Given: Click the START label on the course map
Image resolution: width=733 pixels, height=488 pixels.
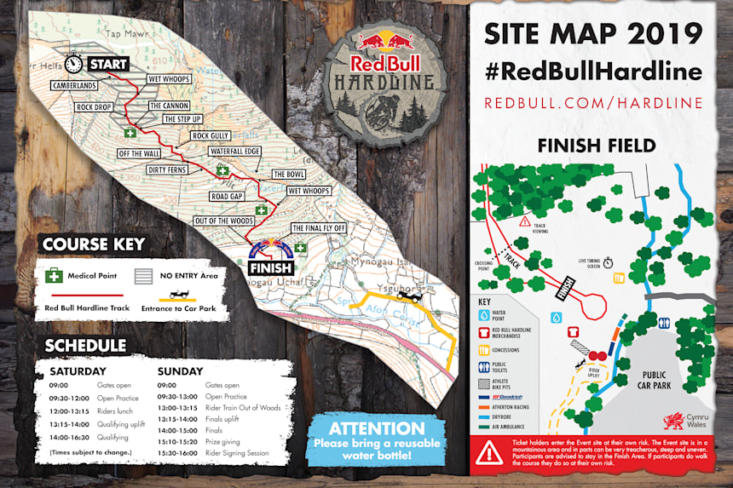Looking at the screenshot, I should point(107,64).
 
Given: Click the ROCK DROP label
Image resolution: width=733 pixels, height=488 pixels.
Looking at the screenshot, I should point(94,108).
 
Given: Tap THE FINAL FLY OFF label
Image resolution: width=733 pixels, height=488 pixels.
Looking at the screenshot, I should point(319,228).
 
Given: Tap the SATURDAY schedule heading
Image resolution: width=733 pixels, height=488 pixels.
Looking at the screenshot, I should point(78,371).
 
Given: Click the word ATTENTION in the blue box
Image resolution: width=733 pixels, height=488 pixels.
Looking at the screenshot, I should point(377,428).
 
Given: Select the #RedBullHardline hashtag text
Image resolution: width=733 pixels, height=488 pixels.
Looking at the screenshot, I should point(593,72).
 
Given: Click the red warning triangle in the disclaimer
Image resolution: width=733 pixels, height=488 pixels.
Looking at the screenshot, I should point(489,453).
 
